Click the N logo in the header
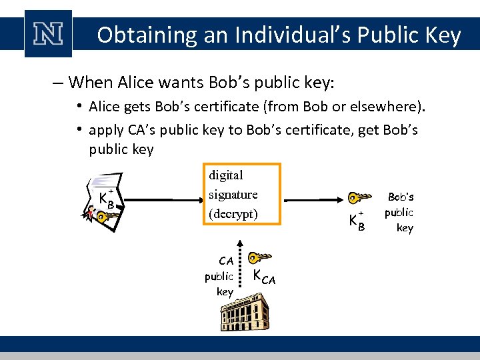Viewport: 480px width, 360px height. click(x=47, y=34)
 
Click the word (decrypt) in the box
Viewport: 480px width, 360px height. click(x=233, y=214)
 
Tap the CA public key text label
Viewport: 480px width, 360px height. click(x=220, y=276)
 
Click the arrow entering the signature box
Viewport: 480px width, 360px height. click(x=163, y=198)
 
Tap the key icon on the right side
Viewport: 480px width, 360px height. click(x=359, y=197)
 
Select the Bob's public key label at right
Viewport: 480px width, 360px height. click(x=401, y=212)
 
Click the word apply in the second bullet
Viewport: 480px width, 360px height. click(x=105, y=129)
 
